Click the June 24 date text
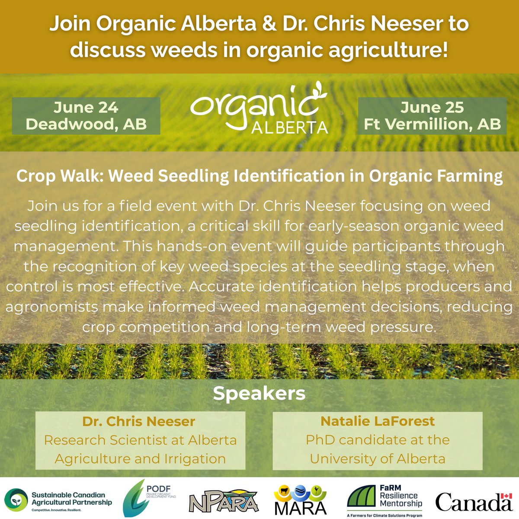point(86,107)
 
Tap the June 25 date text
point(432,107)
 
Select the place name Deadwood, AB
point(86,124)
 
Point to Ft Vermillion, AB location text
point(432,124)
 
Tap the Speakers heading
point(259,393)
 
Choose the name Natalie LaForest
point(378,421)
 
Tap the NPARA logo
point(224,502)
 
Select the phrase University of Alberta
point(378,458)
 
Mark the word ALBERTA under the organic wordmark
point(289,127)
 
